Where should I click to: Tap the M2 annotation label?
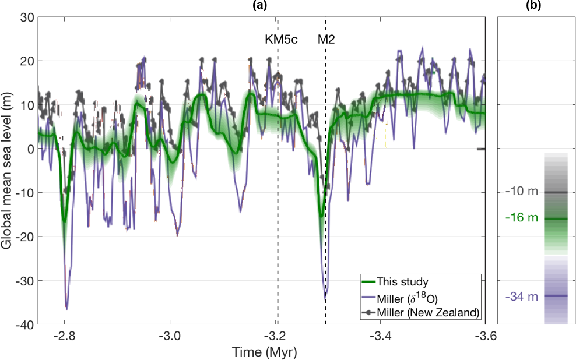(x=326, y=40)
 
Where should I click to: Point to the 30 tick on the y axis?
(x=27, y=17)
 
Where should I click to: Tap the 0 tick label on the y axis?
(x=30, y=149)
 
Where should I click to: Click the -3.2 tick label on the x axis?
(x=276, y=336)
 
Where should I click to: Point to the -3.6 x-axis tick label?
(x=485, y=336)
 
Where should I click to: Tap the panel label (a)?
(x=259, y=5)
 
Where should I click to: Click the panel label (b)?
(x=534, y=5)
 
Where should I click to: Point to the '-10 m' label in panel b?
(x=522, y=192)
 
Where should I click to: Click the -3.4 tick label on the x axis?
(x=380, y=336)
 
